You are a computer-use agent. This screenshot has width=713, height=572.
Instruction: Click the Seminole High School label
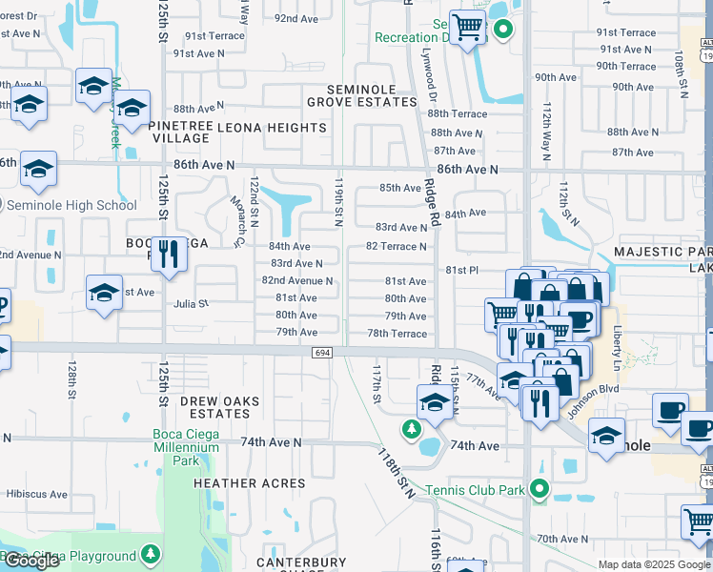click(x=71, y=205)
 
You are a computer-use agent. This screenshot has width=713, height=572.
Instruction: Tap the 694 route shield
click(x=322, y=353)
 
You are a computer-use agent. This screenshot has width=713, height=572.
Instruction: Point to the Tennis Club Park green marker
click(x=539, y=490)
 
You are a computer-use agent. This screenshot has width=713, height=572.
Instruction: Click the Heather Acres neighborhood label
click(x=250, y=483)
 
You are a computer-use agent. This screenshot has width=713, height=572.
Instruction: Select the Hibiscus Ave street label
click(x=37, y=495)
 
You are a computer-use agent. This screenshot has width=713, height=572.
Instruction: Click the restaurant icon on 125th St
click(x=169, y=255)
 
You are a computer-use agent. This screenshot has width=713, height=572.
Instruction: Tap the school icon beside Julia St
click(x=104, y=292)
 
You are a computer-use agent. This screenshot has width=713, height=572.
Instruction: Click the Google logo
click(x=31, y=562)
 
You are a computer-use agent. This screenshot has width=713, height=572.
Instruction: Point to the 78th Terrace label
click(x=397, y=334)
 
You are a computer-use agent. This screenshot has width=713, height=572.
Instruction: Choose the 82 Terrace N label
click(x=397, y=247)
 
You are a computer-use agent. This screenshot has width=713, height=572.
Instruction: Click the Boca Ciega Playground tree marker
click(x=151, y=555)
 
